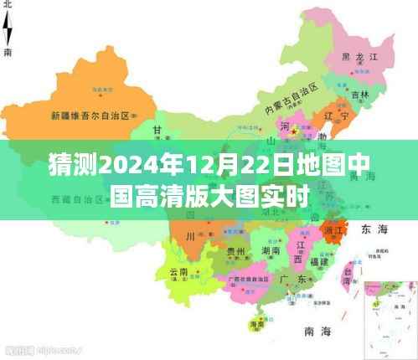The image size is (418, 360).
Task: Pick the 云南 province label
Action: (x=178, y=272)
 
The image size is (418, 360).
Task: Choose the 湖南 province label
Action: (x=271, y=250)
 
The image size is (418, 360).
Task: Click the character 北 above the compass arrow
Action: (x=8, y=5)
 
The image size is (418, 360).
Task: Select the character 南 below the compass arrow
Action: (x=8, y=52)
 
